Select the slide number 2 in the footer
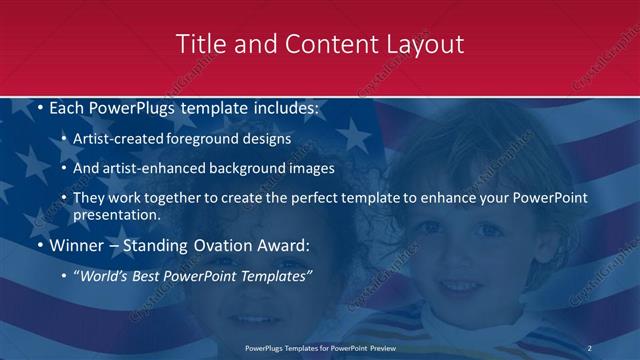pos(590,348)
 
